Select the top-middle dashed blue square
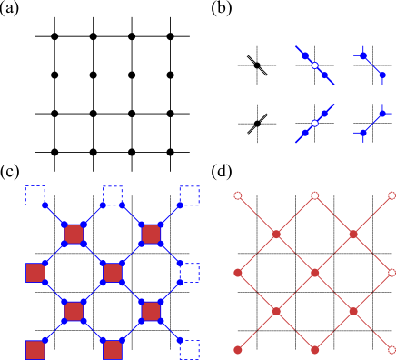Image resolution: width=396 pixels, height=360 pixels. pos(112,195)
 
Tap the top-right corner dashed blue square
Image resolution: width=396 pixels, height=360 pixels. pos(189,195)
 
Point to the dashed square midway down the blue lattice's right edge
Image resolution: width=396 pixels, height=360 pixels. pos(189,273)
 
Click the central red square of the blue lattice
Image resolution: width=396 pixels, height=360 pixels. pos(112,273)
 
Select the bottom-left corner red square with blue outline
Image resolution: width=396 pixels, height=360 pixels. pos(35,350)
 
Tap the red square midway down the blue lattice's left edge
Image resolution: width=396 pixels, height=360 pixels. pos(35,273)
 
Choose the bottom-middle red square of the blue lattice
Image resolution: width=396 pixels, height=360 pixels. pos(112,350)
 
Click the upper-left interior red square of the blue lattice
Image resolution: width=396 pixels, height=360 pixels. pos(74,235)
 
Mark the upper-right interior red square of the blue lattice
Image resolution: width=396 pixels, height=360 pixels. pos(151,235)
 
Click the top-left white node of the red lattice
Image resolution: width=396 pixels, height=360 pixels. pos(238,195)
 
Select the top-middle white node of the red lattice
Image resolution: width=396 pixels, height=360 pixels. pos(315,195)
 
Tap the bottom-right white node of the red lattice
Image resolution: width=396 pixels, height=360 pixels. pos(391,350)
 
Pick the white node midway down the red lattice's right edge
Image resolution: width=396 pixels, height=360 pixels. pos(391,273)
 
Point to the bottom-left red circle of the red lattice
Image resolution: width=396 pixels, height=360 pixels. pos(238,350)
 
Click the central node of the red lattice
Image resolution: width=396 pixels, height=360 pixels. pos(315,273)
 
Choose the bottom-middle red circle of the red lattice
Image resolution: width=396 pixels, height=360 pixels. pos(315,350)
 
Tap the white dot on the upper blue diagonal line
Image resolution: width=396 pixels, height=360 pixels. pos(315,65)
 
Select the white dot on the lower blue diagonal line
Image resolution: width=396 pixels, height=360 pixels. pos(315,123)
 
